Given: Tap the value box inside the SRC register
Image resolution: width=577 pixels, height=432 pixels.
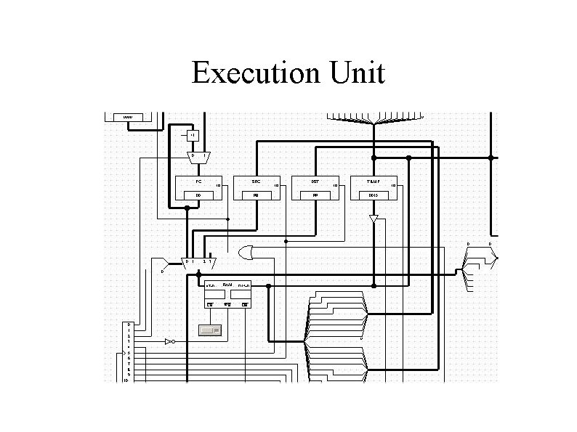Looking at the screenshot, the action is coord(256,195).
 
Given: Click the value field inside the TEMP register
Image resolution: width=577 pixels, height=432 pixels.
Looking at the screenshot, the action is coord(374,195).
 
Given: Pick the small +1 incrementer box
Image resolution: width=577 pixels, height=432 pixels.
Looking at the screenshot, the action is coord(192,135).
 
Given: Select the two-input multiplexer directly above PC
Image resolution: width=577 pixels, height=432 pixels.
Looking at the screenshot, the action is coord(198,156).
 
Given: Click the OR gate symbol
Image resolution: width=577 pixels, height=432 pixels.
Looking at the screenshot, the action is coord(246,253).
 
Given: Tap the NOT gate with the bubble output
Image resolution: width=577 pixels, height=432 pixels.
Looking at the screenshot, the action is coord(170,341).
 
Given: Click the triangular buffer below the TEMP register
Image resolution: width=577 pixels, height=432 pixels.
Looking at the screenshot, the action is coord(374,219).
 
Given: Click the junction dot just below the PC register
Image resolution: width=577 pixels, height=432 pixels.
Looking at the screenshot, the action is coord(187,208).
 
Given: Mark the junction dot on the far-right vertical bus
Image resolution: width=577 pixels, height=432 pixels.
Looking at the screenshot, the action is coord(491,157).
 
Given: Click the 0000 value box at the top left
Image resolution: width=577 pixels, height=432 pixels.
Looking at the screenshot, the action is coord(128,117).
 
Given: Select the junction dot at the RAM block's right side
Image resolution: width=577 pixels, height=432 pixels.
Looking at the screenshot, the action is coord(268,286).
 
